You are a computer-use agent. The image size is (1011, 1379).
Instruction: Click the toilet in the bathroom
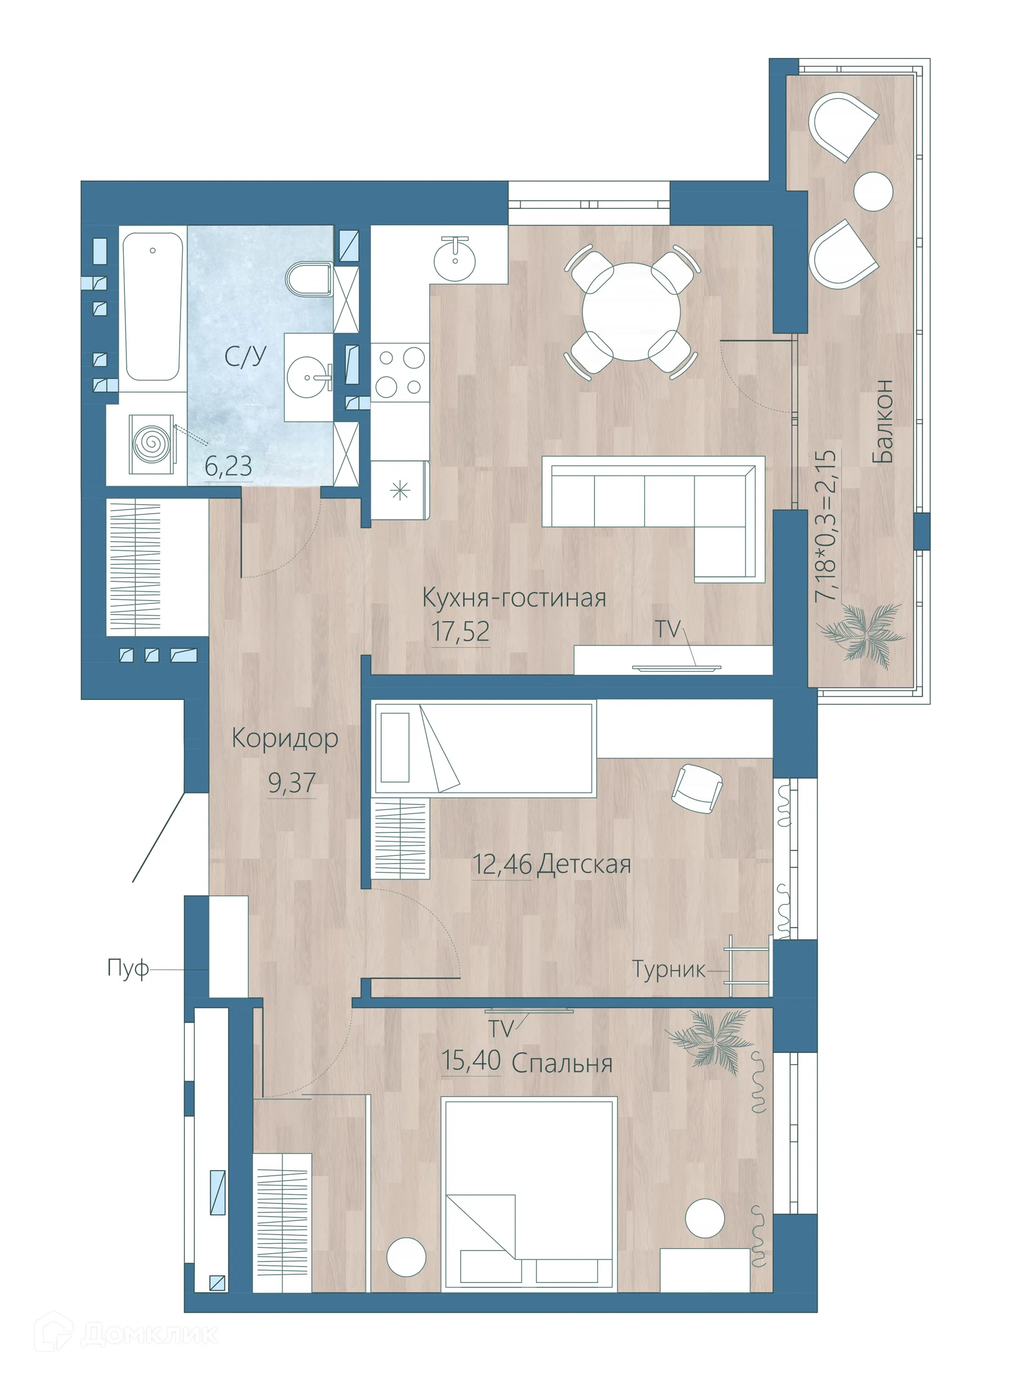[x=308, y=280]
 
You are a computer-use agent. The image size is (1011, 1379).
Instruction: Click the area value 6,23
[x=229, y=468]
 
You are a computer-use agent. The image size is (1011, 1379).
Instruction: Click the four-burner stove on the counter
[x=400, y=371]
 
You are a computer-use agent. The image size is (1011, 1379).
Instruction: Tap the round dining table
[x=631, y=311]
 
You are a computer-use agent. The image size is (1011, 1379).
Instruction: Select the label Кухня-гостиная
[x=514, y=598]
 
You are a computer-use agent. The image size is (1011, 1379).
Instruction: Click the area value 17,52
[x=461, y=631]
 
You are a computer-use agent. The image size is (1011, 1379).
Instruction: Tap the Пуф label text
[x=127, y=968]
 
